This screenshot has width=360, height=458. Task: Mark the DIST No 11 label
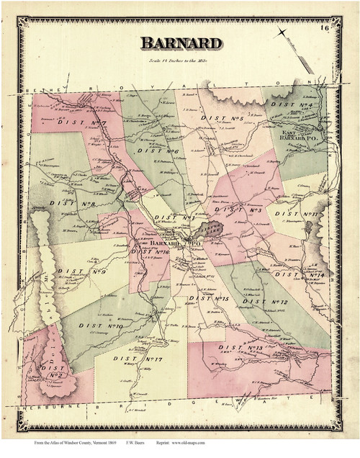(301, 214)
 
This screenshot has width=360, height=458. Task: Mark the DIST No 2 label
(53, 370)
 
